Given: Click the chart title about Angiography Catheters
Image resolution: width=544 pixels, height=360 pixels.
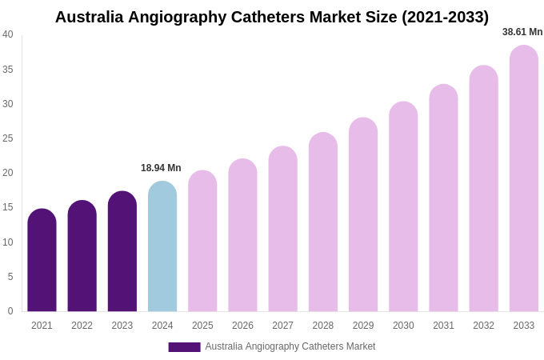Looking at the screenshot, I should [271, 17].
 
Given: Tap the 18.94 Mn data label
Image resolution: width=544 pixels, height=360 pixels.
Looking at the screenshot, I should [161, 168].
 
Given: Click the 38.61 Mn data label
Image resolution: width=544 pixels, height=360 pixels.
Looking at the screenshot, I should [522, 32].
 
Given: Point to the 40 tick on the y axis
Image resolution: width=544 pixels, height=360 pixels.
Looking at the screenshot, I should [8, 34].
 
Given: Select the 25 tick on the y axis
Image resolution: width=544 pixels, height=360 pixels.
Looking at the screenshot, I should [8, 138].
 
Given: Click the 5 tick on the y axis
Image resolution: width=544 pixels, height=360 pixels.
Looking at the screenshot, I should [10, 277].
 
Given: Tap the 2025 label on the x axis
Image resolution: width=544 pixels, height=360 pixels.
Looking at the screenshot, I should [202, 326].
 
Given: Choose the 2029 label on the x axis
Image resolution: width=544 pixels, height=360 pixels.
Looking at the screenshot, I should [363, 326].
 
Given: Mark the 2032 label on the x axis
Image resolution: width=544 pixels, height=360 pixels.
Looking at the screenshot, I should [483, 326].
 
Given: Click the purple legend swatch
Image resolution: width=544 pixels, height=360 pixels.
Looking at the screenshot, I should [184, 347].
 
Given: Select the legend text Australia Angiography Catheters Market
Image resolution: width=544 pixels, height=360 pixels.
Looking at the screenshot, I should [290, 346].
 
